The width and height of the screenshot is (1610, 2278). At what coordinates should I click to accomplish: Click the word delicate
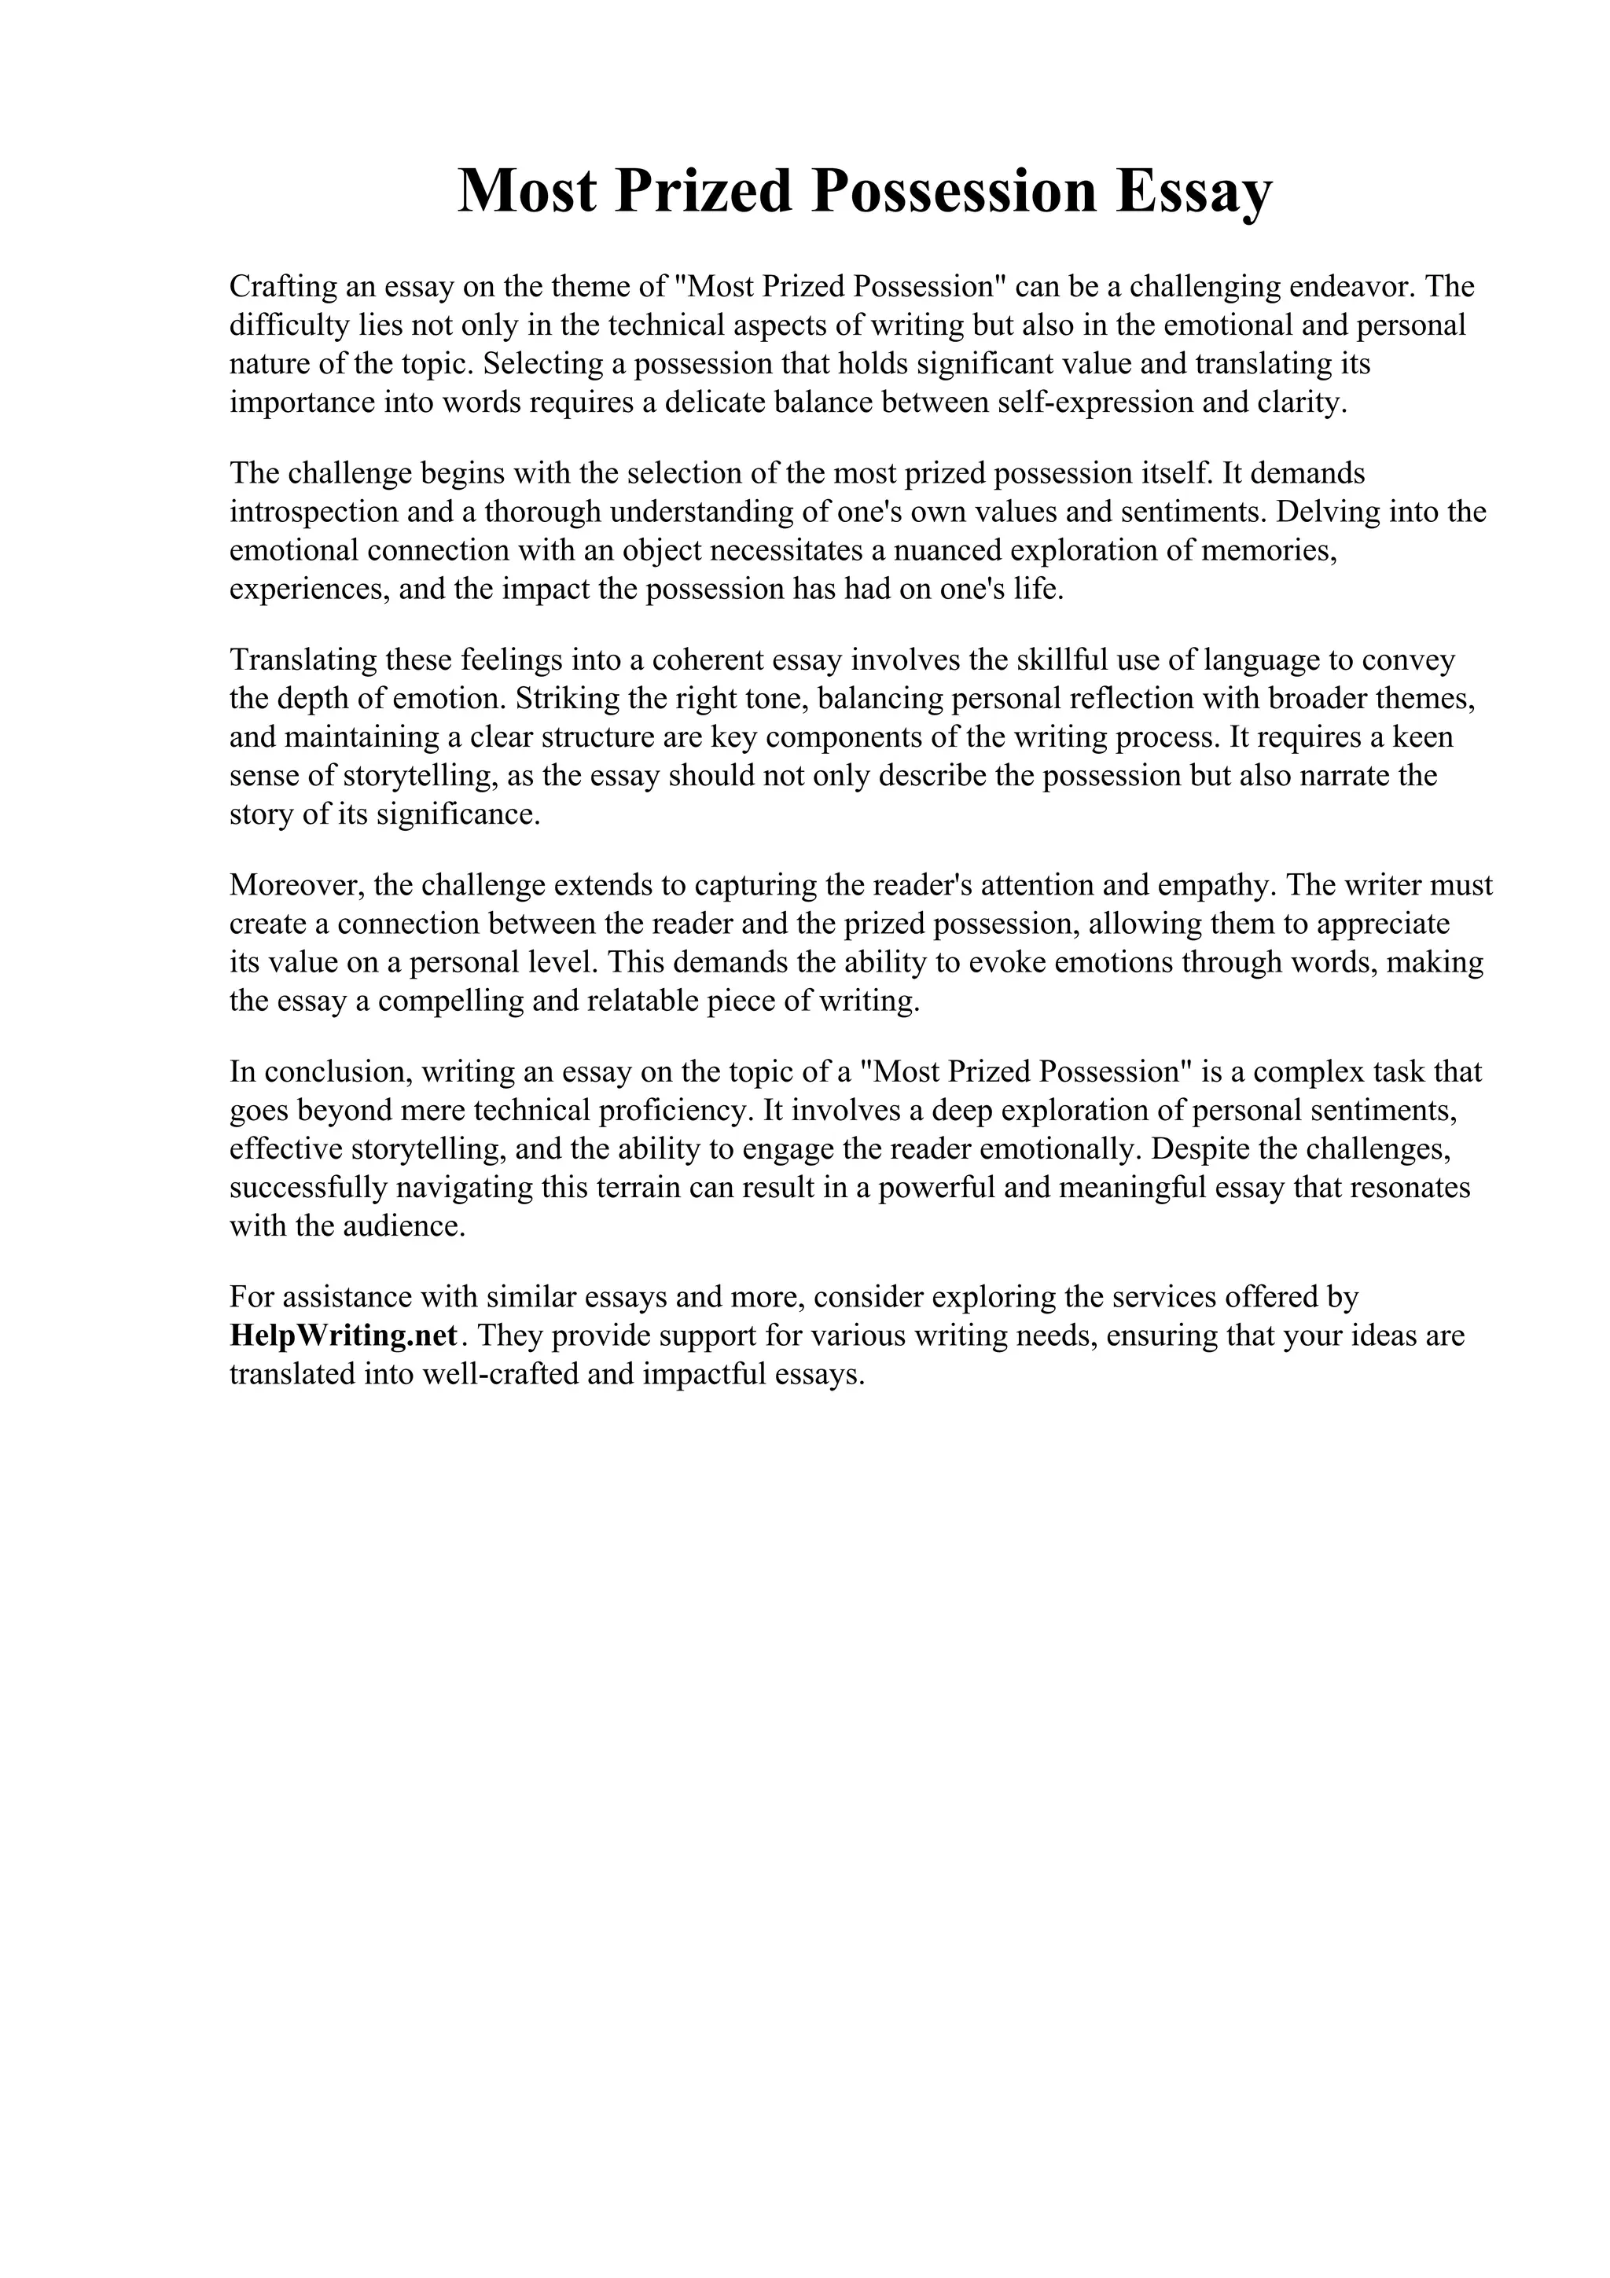715,402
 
